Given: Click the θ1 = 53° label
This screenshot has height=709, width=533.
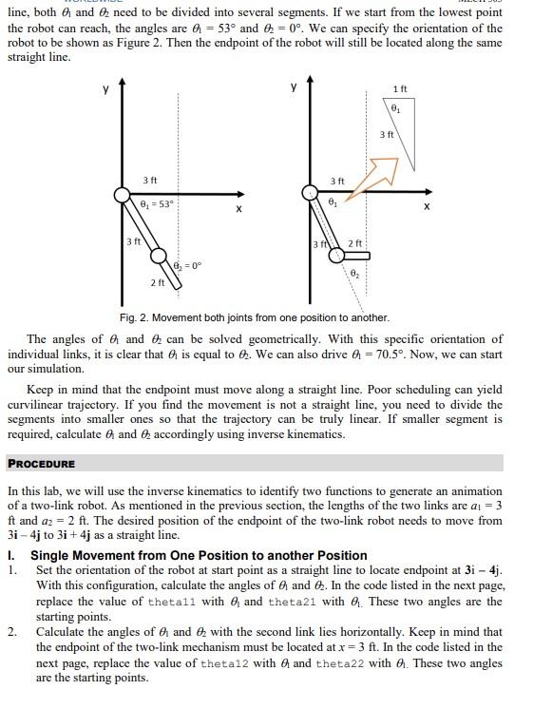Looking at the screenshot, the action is pos(157,204).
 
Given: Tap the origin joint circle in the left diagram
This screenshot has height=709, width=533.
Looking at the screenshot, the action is pos(122,195).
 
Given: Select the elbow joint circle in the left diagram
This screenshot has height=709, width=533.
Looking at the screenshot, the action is pos(159,256).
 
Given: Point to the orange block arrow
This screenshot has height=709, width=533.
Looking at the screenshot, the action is pos(374,177).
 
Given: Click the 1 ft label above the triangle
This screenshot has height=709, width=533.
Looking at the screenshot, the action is pos(400,88).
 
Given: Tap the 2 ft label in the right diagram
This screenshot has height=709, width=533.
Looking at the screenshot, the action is pos(355,242).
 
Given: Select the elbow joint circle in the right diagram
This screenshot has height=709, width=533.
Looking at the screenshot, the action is pos(336,256).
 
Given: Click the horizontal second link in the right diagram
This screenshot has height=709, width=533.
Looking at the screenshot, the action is pos(356,256).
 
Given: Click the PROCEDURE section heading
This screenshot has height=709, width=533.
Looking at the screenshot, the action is pos(42,464).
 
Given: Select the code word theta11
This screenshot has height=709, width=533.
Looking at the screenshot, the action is pos(172,602).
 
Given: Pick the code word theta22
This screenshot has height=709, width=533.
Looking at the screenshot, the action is pos(340,663).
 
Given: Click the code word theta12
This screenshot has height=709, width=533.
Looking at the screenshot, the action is pos(224,663).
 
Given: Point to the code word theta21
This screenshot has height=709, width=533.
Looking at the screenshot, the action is pos(292,602).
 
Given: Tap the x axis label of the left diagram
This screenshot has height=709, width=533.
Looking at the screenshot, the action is pos(238,209).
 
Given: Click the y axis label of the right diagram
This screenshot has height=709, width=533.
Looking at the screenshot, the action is pos(294,86).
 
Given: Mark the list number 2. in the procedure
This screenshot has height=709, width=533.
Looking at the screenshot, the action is pos(12,632).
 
